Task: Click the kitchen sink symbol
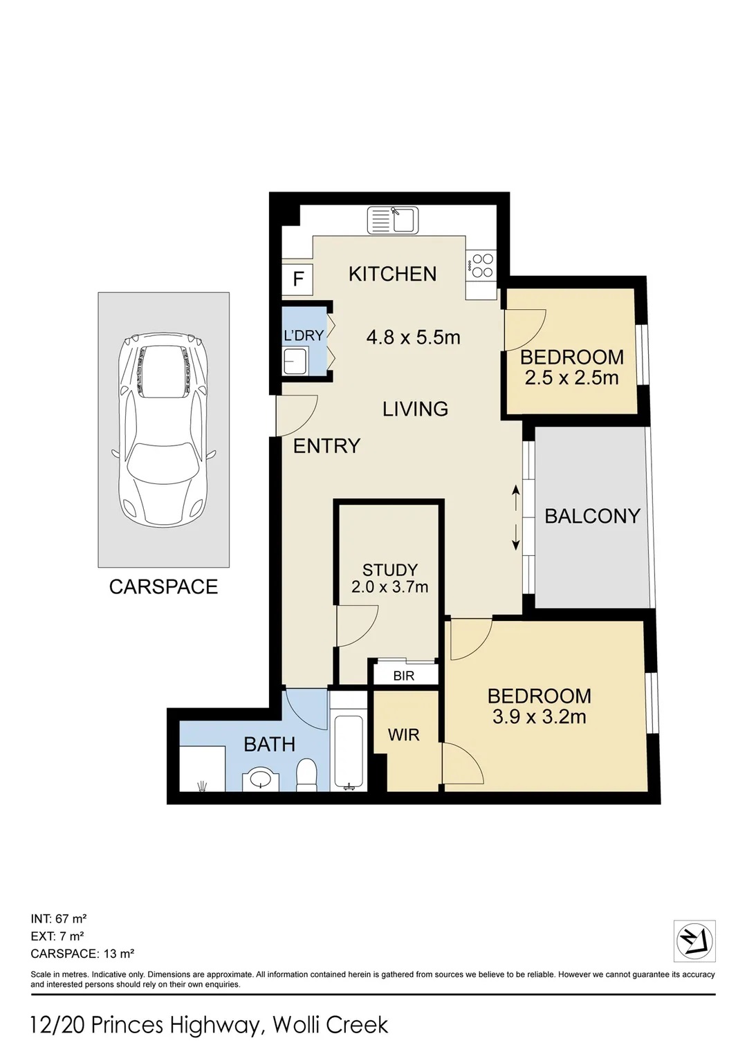pos(392,221)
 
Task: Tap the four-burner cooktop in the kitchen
pos(481,266)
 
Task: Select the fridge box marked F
pos(297,279)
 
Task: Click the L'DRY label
pos(303,335)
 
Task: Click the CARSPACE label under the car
pos(164,586)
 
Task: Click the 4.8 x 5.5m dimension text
pos(413,337)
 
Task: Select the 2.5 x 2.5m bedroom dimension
pos(571,378)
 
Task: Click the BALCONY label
pos(592,516)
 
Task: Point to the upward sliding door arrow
pos(516,498)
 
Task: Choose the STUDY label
pos(390,570)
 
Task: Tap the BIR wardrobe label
pos(404,676)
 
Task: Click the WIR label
pos(404,734)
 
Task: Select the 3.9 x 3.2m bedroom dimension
pos(539,717)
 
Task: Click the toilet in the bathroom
pos(306,774)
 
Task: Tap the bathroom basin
pos(260,780)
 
